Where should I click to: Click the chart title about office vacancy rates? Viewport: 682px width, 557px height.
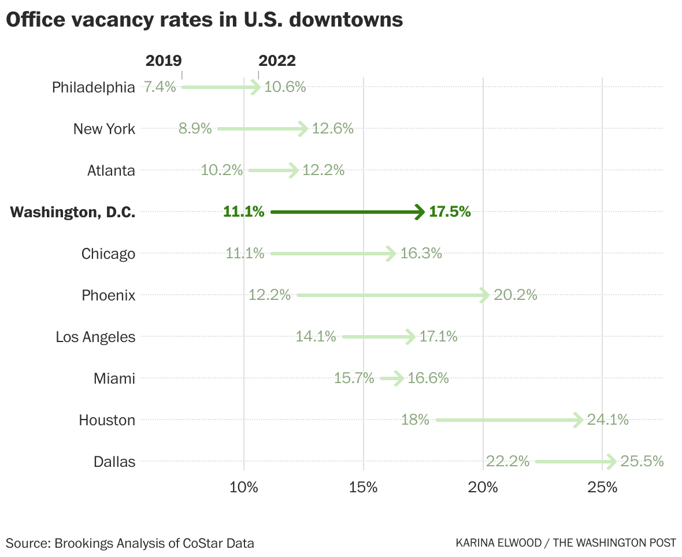tap(204, 20)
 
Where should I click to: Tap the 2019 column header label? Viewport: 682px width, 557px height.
tap(164, 61)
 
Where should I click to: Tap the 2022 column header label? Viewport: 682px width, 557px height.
tap(277, 61)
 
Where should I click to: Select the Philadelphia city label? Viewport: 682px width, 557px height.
tap(94, 87)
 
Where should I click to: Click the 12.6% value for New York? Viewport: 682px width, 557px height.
tap(332, 129)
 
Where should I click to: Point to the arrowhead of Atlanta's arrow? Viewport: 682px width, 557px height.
tap(294, 170)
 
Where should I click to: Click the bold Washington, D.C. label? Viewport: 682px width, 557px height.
tap(73, 212)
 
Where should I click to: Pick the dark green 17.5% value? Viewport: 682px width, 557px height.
tap(450, 212)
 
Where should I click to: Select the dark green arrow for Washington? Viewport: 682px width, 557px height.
tap(347, 212)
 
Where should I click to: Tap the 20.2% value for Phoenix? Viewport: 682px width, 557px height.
tap(516, 295)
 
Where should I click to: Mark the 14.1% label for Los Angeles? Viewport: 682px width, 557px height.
tap(316, 336)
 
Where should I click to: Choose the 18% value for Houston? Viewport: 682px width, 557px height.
tap(415, 420)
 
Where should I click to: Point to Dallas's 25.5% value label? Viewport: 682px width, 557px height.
tap(642, 461)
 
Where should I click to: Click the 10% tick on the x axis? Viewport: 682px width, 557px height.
tap(243, 487)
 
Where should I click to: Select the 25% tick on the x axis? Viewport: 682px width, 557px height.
tap(602, 487)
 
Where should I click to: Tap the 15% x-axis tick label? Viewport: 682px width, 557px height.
tap(363, 487)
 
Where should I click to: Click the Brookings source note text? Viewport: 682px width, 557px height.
tap(130, 543)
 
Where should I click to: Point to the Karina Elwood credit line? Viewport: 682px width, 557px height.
tap(566, 543)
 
